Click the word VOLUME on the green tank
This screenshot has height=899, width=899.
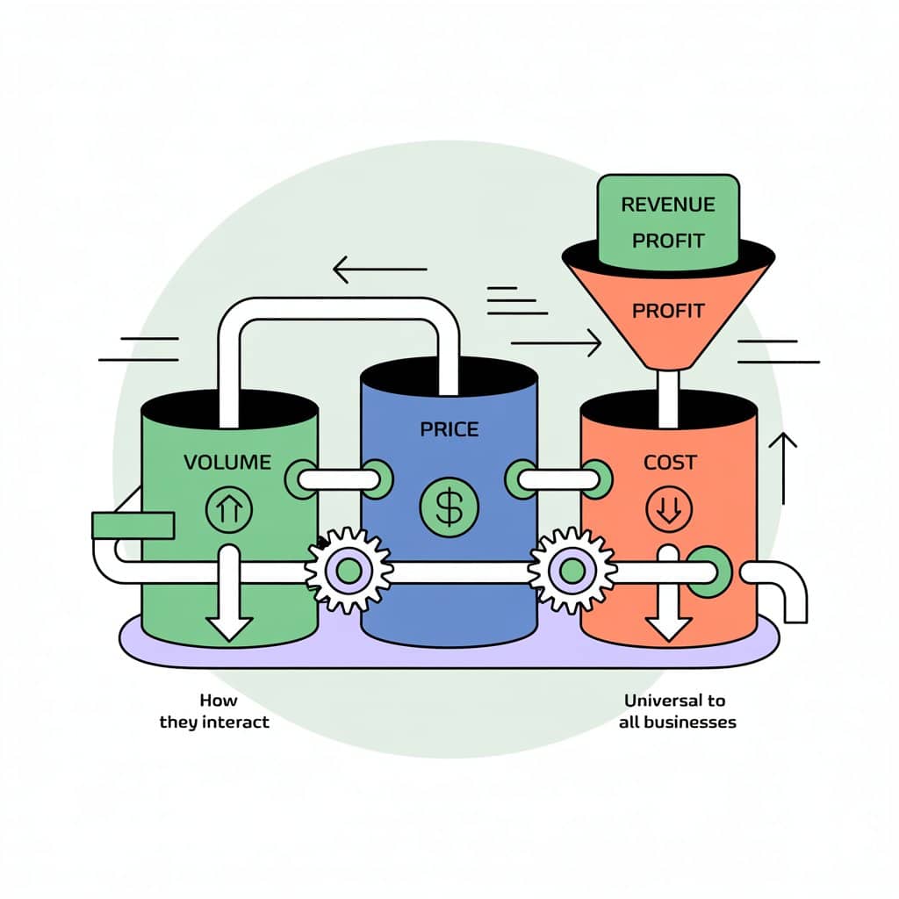227,462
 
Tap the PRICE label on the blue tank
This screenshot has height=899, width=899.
449,429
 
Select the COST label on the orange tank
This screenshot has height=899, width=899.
669,462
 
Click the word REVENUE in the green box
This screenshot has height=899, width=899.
668,205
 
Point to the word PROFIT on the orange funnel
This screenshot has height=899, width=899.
668,311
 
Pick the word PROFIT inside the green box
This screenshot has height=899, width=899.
668,241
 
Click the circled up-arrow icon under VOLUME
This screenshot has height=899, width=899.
228,508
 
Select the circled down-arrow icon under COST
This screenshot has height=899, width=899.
669,508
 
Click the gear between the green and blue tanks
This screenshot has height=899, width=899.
349,571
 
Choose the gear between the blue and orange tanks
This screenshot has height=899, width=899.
572,571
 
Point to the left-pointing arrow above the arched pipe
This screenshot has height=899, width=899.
379,270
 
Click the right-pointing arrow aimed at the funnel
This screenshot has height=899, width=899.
556,342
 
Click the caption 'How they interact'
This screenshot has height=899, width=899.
214,711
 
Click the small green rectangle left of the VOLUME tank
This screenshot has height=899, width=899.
133,525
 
